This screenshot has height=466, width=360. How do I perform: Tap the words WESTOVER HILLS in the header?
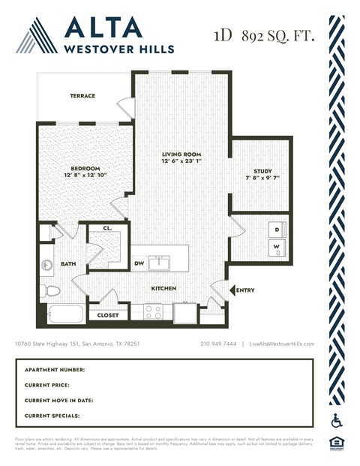coord(120,49)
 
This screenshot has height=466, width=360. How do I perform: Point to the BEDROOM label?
coord(85,168)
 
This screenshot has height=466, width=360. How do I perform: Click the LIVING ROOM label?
coord(181,154)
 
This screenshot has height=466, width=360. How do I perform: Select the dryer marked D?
coord(277,230)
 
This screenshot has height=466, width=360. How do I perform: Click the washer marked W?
coord(277,247)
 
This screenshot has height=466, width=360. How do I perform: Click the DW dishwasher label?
coord(139,263)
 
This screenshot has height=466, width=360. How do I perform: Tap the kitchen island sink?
coord(158,262)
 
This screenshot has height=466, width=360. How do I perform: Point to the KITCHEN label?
coord(164,287)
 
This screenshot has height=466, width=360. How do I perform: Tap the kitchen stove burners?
coord(153,311)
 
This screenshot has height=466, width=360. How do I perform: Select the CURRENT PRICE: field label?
coord(53,385)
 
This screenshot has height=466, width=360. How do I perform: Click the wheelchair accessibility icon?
coord(336,420)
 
